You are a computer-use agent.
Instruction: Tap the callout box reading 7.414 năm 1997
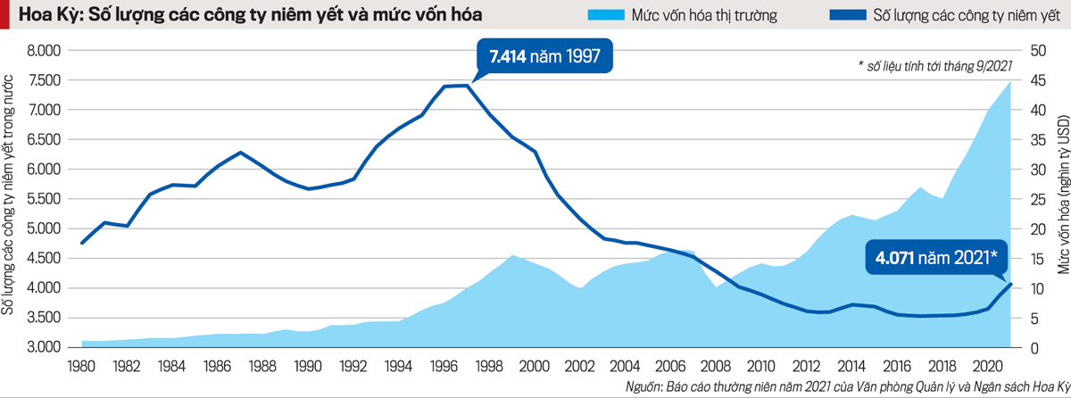tap(547, 58)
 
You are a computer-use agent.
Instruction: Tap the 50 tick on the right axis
tap(1038, 51)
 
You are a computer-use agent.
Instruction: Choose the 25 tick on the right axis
tap(1038, 199)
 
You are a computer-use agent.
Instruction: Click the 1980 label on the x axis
tap(82, 365)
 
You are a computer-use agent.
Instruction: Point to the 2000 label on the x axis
tap(535, 365)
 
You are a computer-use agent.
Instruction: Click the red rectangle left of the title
tap(5, 16)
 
